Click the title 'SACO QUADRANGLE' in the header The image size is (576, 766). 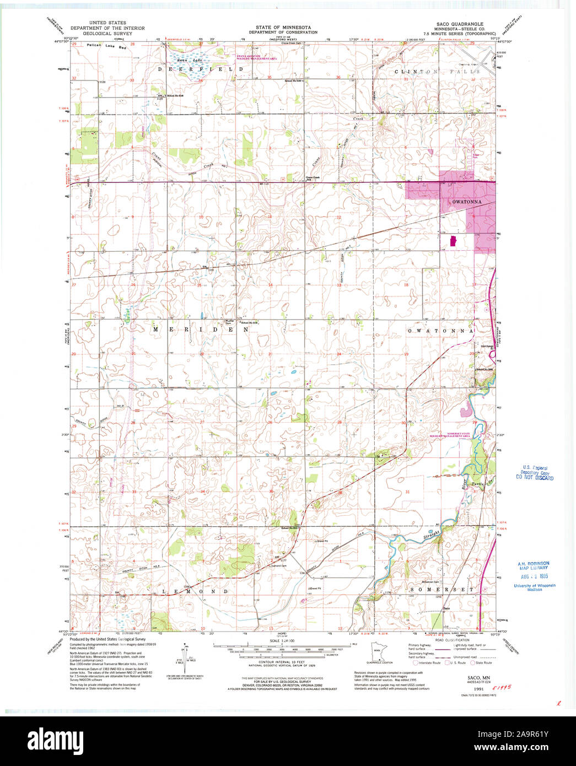click(x=460, y=24)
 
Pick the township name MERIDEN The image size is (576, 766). click(x=201, y=329)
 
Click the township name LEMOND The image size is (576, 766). click(x=195, y=591)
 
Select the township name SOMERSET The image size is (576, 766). click(x=442, y=589)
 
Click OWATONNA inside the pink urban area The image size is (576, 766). click(x=466, y=202)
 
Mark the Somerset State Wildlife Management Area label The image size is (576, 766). click(x=457, y=434)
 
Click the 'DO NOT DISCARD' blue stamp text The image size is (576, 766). click(x=535, y=478)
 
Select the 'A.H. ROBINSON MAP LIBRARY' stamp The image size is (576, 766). click(x=533, y=565)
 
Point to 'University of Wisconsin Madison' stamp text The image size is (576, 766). click(x=534, y=587)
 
